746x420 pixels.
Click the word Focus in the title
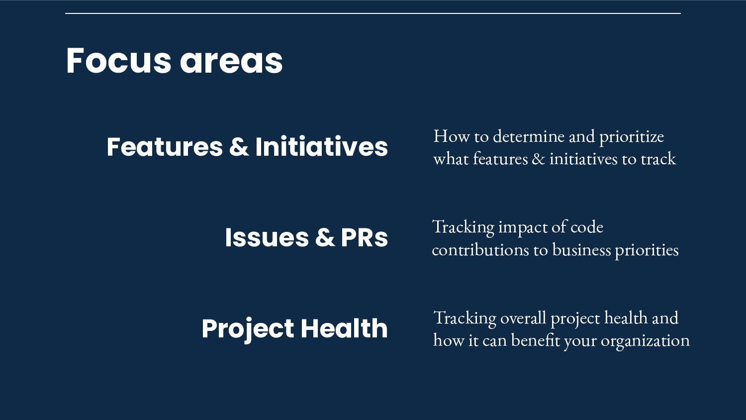(x=118, y=61)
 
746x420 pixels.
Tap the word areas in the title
(x=231, y=62)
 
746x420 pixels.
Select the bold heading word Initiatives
(x=321, y=146)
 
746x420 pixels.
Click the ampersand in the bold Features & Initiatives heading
(x=239, y=147)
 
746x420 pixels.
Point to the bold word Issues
(x=267, y=237)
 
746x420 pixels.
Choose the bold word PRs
(x=365, y=237)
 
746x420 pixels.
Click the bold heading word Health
(x=344, y=328)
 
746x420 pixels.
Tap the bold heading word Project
(x=248, y=330)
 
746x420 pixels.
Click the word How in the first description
(x=451, y=136)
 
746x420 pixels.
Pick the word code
(x=587, y=227)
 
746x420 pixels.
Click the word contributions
(x=480, y=250)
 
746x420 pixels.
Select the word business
(x=581, y=250)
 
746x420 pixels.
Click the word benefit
(x=536, y=340)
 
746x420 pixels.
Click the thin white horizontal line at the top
(x=373, y=13)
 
